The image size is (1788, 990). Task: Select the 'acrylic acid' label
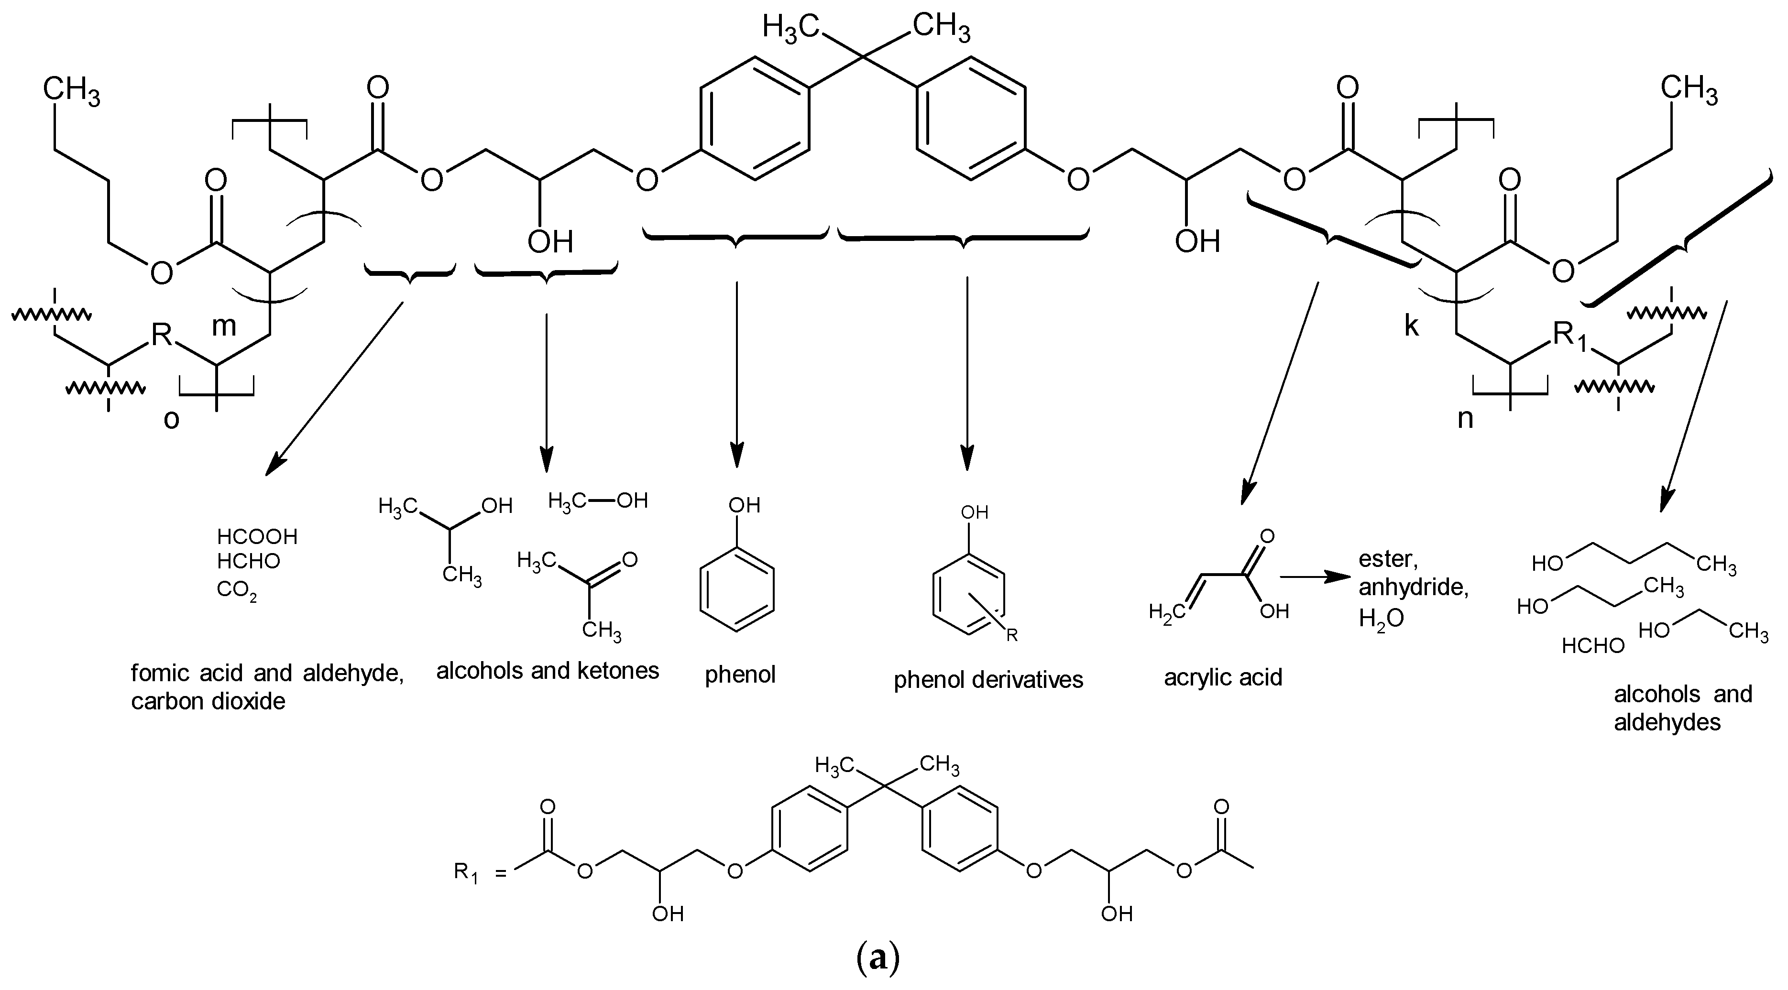(1223, 677)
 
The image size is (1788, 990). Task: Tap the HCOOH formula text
(257, 536)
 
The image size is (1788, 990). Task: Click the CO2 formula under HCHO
(236, 590)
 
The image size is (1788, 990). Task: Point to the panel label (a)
(878, 958)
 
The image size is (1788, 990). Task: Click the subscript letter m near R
(223, 326)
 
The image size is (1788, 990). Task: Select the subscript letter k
(1411, 326)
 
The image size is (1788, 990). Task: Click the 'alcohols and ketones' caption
(547, 671)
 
